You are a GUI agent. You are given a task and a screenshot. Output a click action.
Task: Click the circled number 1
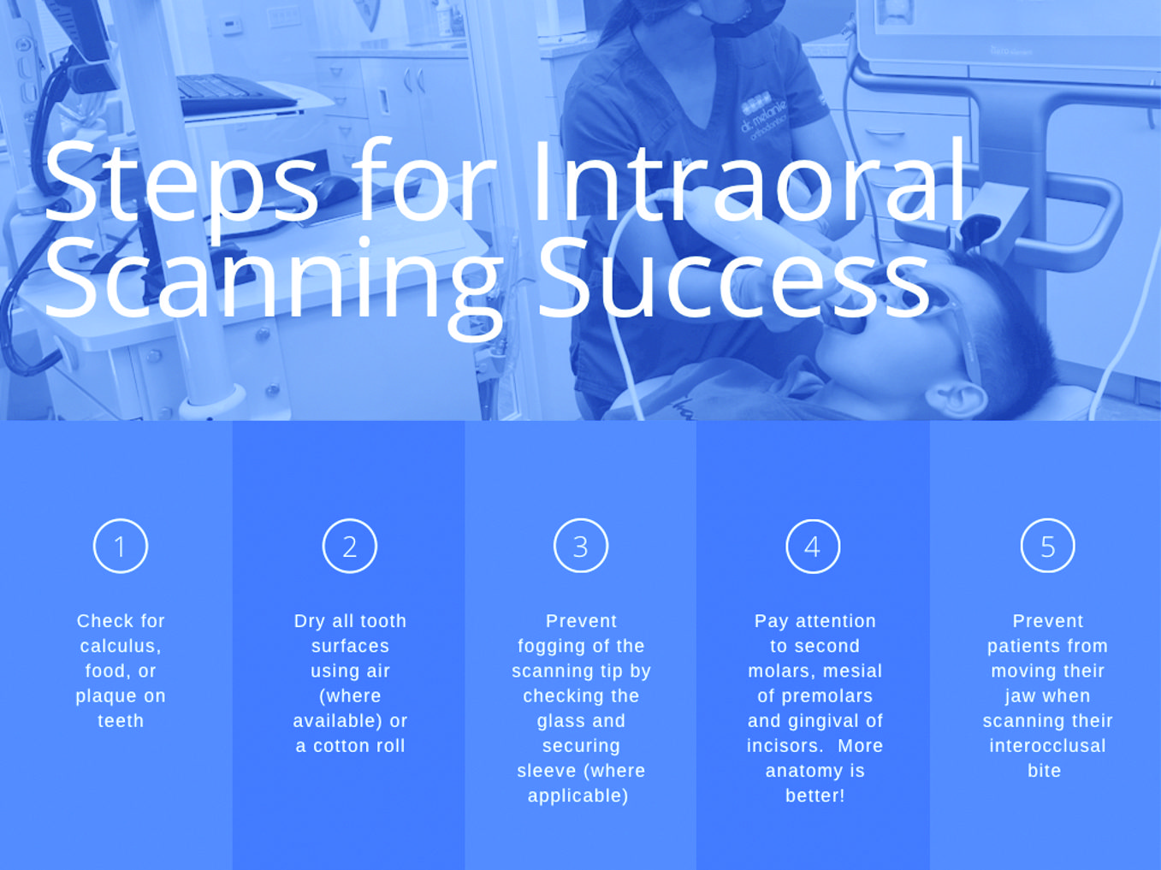(121, 546)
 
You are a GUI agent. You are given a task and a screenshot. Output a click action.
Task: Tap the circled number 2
(350, 546)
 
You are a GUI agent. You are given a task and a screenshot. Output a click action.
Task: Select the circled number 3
(581, 546)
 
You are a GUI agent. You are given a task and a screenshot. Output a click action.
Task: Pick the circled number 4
(813, 546)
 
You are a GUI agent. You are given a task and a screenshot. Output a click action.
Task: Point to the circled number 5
(1047, 546)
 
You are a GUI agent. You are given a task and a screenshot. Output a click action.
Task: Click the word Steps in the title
(180, 184)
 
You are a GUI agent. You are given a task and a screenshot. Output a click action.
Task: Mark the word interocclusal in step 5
(1047, 746)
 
